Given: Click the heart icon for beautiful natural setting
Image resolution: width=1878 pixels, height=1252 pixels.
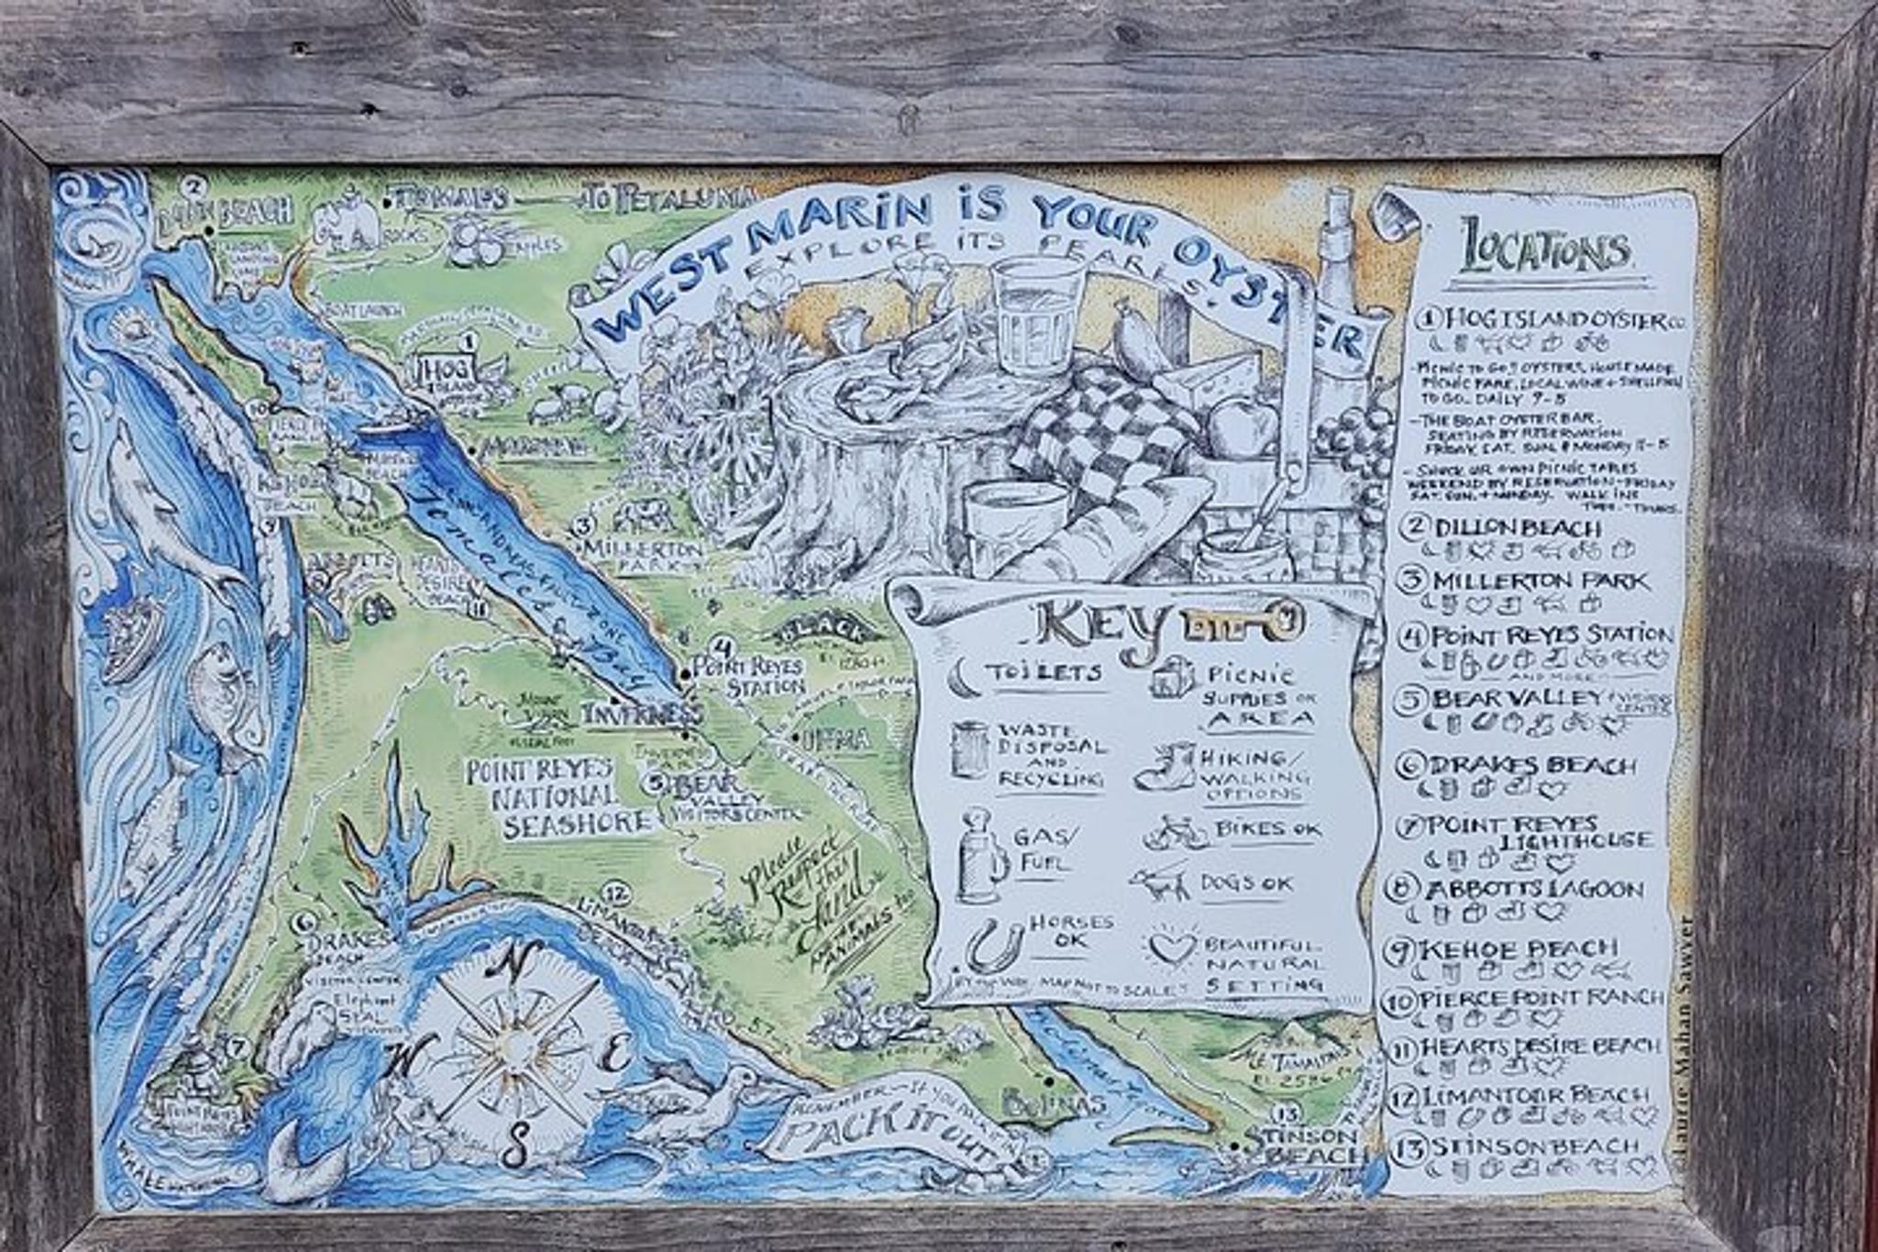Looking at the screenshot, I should pyautogui.click(x=1173, y=947).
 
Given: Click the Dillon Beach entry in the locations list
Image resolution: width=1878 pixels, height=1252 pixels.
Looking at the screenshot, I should pyautogui.click(x=1517, y=528).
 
